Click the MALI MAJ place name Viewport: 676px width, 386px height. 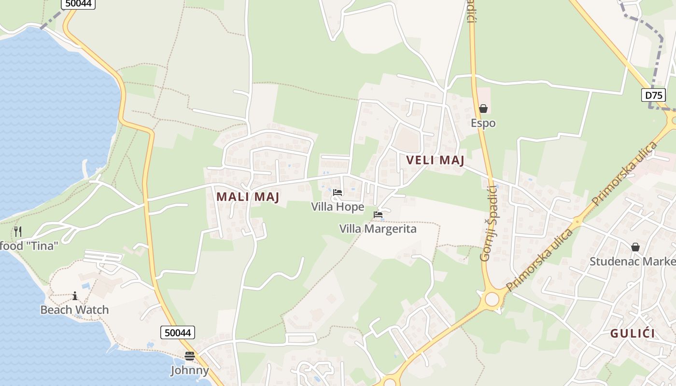[248, 197]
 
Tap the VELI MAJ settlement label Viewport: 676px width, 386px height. [435, 160]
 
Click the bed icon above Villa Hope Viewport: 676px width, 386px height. [338, 193]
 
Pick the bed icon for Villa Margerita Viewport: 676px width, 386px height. [378, 214]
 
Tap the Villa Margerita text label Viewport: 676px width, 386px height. [378, 229]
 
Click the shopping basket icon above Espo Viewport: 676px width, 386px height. [483, 109]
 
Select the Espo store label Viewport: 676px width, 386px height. [483, 123]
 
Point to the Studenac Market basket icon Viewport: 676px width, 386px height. [635, 247]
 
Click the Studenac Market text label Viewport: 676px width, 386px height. [633, 262]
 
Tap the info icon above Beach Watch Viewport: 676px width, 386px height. [75, 296]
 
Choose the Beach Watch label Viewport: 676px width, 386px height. [75, 310]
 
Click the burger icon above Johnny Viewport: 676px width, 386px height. [190, 356]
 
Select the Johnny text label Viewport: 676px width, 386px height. [190, 371]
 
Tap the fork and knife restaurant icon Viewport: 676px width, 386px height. [18, 231]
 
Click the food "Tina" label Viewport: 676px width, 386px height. [29, 246]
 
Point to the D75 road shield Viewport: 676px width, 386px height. [653, 95]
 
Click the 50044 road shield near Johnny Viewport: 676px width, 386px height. [178, 332]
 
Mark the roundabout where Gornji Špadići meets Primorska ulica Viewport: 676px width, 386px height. [492, 299]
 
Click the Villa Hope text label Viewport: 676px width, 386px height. [338, 207]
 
